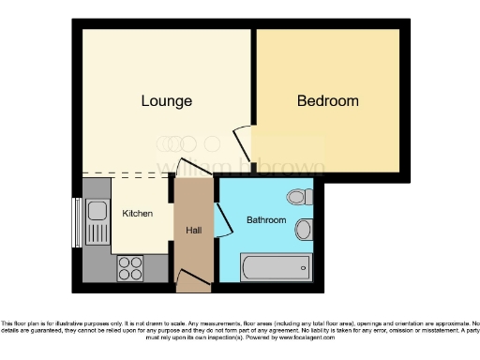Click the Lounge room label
point(167,101)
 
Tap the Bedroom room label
point(327,101)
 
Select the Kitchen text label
point(137,214)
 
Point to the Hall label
point(194,231)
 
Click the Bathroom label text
point(265,220)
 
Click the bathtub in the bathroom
point(276,268)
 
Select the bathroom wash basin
point(304,230)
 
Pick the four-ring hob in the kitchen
point(130,268)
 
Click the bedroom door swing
point(242,142)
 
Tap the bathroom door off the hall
point(222,221)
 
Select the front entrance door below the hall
point(191,277)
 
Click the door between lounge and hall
point(194,170)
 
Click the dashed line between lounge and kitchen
point(127,174)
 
